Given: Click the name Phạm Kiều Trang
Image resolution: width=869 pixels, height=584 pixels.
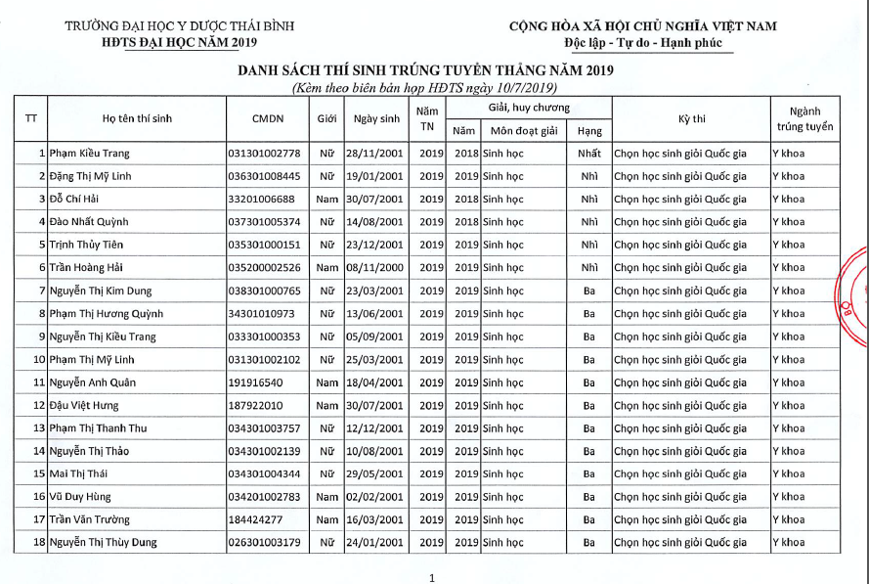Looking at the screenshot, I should point(89,154).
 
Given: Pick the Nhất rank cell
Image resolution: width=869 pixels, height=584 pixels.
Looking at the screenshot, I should point(589,154).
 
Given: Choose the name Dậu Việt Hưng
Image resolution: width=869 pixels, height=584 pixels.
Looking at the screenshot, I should point(83,405).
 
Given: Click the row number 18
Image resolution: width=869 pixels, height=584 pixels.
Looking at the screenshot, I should point(39,542).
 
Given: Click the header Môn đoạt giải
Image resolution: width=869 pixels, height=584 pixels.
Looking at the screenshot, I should point(523,130).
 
